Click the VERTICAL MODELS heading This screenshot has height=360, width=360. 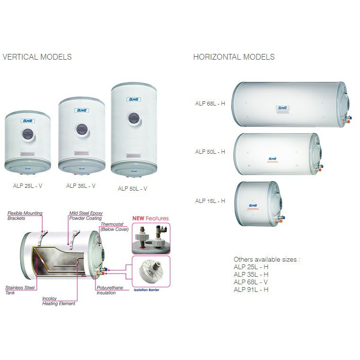(x=37, y=57)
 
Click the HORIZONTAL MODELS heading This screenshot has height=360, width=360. (x=234, y=57)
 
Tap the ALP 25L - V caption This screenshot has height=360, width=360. (x=28, y=186)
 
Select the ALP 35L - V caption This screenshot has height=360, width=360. (x=81, y=186)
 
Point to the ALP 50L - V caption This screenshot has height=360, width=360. (x=132, y=188)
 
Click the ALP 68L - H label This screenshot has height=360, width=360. (x=210, y=103)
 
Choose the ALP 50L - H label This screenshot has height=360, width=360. (x=210, y=152)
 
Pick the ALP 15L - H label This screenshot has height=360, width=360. (x=210, y=201)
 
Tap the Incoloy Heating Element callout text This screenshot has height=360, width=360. (x=59, y=301)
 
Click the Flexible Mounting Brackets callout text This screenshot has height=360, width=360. (x=25, y=216)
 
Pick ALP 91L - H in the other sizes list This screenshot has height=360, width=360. (x=251, y=290)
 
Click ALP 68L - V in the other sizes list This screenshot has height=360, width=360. (x=251, y=282)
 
